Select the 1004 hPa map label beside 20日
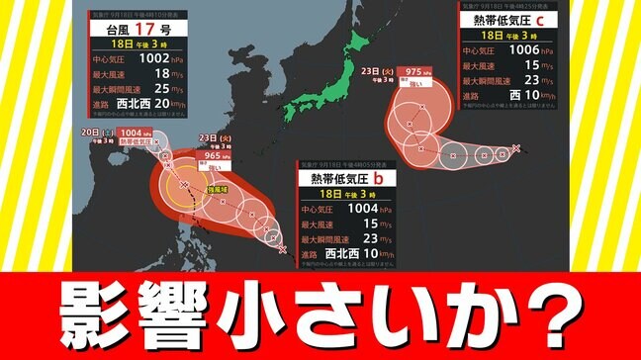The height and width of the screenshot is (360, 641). [132, 133]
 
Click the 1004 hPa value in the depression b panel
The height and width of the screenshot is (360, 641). [385, 210]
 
